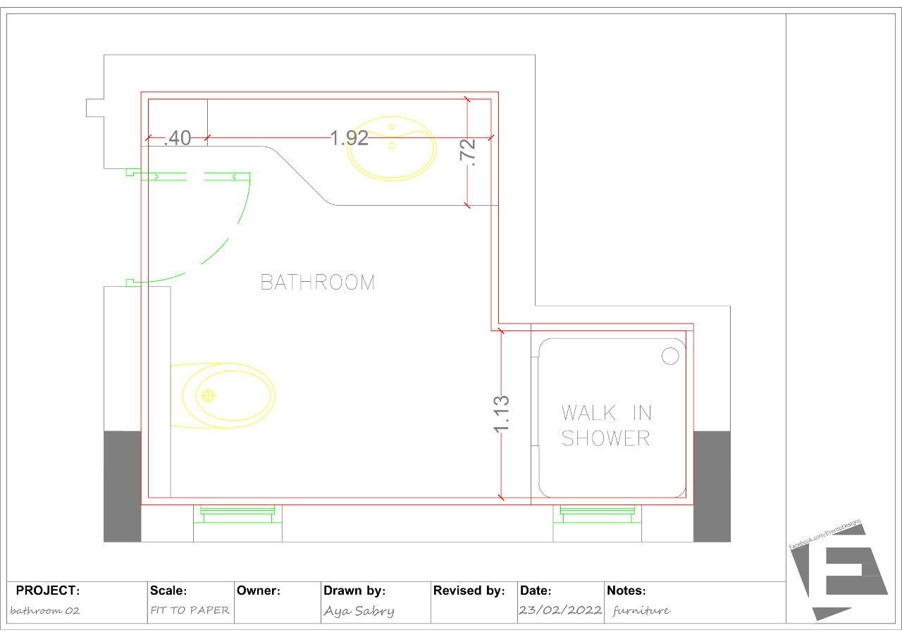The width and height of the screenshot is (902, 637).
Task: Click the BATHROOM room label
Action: tap(318, 283)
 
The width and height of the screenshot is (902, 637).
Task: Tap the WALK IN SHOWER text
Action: tap(606, 425)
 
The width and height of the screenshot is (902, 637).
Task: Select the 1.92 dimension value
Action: tap(350, 138)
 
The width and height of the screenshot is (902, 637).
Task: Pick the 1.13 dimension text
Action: tap(502, 414)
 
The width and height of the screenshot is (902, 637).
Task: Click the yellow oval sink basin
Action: tap(392, 149)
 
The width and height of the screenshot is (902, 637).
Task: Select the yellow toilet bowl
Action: tap(227, 395)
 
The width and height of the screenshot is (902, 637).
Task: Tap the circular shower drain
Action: tap(670, 357)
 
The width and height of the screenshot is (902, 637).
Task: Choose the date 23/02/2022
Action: tap(560, 610)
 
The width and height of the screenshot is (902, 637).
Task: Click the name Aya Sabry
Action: tap(359, 611)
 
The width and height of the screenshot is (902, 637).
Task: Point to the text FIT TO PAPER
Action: tap(190, 610)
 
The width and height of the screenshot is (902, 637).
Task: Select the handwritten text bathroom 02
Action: tap(45, 611)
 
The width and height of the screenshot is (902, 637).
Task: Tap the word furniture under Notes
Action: tap(641, 610)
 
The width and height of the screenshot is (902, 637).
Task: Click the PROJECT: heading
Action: tap(48, 590)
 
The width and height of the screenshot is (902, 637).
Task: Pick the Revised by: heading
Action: tap(469, 590)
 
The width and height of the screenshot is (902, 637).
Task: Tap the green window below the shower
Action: tap(598, 514)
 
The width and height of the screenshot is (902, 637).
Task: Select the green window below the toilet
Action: tap(238, 514)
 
